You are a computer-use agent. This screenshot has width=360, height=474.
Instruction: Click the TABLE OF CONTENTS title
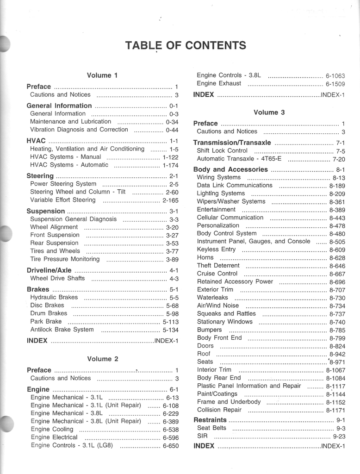186,45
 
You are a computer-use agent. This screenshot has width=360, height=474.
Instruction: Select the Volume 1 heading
102,75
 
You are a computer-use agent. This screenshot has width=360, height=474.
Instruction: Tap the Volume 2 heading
102,359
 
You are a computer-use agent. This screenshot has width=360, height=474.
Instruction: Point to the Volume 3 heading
269,112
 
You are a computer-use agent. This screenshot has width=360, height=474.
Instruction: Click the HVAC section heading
36,141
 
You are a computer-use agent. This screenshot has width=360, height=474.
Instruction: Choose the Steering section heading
40,176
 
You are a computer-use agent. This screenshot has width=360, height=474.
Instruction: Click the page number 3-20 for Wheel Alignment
172,227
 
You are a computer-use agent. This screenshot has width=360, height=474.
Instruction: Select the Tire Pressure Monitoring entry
65,259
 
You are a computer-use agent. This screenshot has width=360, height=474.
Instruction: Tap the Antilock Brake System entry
62,330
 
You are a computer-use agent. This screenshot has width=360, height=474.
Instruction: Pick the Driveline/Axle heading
49,270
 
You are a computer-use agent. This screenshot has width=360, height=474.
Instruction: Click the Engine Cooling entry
52,429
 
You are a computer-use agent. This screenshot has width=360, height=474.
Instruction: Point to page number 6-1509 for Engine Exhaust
335,84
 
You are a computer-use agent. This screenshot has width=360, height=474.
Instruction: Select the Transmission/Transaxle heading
232,143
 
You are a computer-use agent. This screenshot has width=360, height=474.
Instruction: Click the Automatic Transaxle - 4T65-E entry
239,159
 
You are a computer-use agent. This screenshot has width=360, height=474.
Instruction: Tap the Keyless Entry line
216,249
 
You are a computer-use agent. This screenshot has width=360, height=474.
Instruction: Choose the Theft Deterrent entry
218,266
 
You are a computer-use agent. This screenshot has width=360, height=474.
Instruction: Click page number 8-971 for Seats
337,362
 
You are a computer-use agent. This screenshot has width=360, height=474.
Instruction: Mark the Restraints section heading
210,420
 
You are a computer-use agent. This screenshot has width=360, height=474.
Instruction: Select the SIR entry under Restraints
202,436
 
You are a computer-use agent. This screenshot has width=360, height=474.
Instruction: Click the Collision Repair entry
219,410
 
